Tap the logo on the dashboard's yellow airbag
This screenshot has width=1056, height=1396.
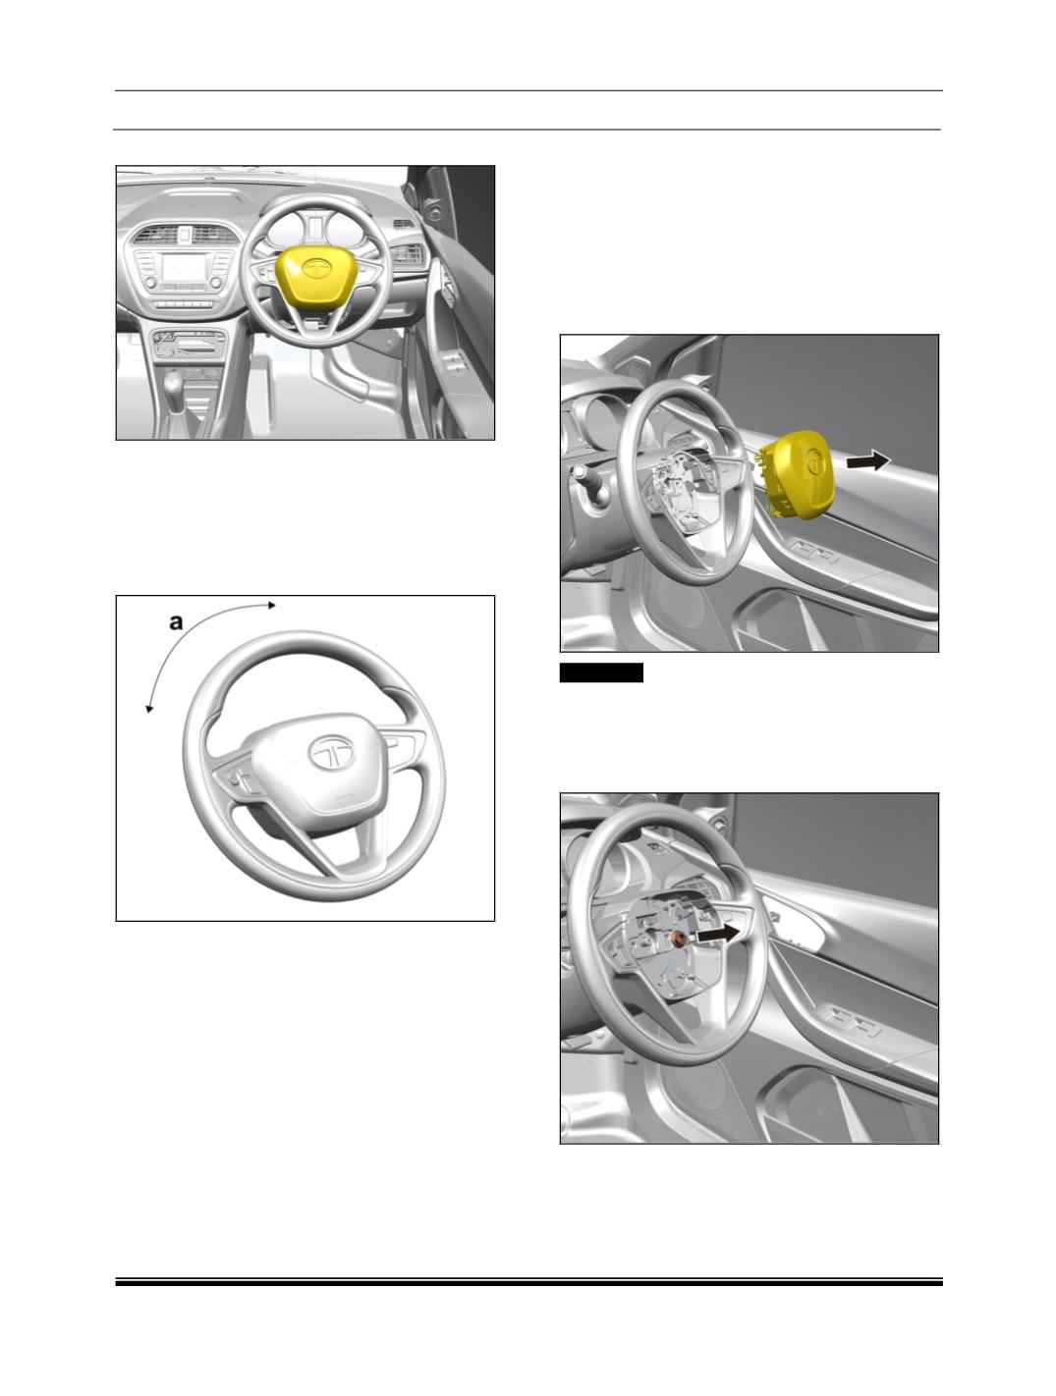pyautogui.click(x=314, y=267)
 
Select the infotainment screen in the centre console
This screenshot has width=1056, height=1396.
pyautogui.click(x=184, y=268)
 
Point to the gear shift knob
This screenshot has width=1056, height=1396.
pyautogui.click(x=173, y=384)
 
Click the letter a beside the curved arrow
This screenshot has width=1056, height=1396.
pyautogui.click(x=176, y=621)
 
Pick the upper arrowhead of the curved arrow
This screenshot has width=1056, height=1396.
pyautogui.click(x=272, y=605)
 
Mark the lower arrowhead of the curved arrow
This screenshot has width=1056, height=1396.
pyautogui.click(x=149, y=708)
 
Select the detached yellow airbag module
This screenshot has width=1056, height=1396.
pyautogui.click(x=799, y=474)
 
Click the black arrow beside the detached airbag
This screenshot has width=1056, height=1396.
pyautogui.click(x=868, y=459)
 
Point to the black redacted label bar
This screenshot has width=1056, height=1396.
pyautogui.click(x=601, y=672)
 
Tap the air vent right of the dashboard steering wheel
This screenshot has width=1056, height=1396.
pyautogui.click(x=406, y=255)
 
